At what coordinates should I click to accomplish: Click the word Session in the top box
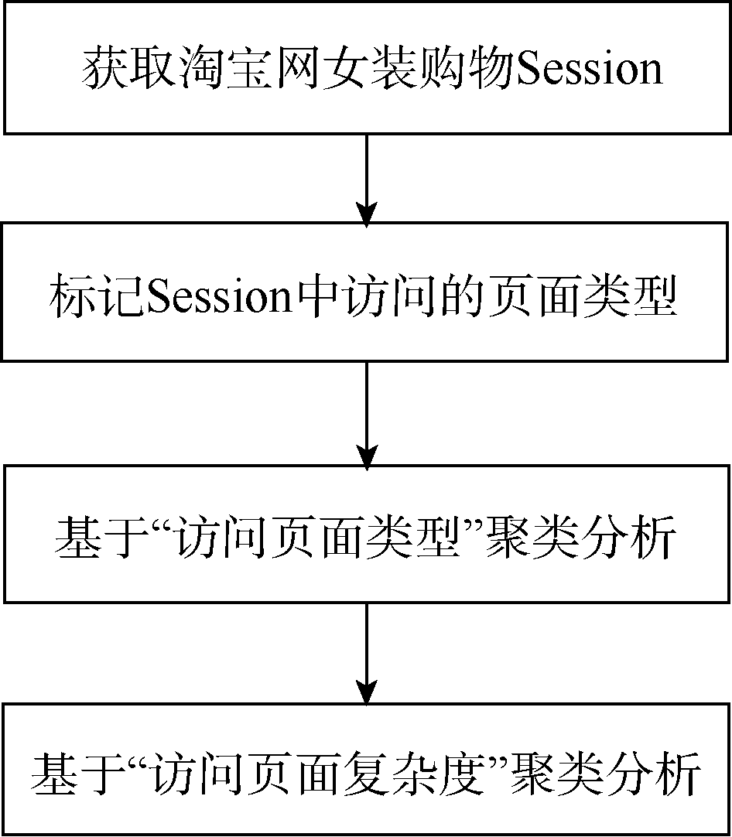590,70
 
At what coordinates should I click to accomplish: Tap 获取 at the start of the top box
128,69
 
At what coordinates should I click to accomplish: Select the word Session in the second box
220,297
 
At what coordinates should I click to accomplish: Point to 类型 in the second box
630,296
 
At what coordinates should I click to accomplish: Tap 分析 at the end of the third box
629,537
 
